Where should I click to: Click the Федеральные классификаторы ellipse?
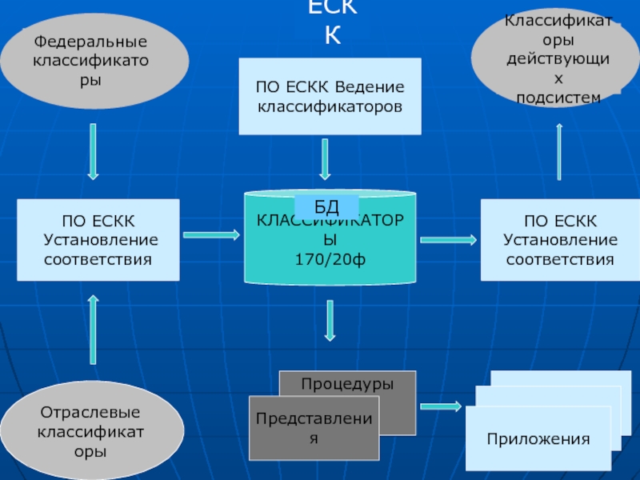pos(94,61)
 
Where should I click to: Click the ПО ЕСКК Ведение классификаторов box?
pos(330,96)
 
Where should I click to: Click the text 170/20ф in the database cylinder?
pos(330,260)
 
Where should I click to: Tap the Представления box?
pos(314,428)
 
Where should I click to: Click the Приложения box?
pos(538,438)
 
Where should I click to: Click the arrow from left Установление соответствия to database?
pos(211,235)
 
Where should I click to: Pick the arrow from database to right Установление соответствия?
pos(448,239)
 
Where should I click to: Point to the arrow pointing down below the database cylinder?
pos(330,320)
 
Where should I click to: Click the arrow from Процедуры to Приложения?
pos(440,406)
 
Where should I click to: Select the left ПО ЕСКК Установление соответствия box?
pos(98,240)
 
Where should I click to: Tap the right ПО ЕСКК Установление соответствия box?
pos(559,240)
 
